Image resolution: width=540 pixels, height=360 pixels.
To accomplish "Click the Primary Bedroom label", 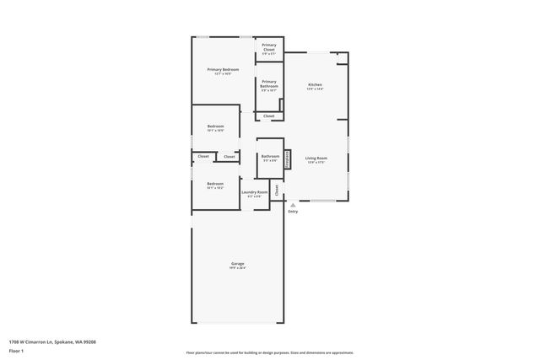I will [224, 69].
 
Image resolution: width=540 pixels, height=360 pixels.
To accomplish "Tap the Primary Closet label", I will [268, 46].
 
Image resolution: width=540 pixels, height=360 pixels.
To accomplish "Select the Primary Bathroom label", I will [268, 84].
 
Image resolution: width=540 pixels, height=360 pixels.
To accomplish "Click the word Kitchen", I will [315, 85].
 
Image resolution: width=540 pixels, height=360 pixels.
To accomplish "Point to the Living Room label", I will [316, 158].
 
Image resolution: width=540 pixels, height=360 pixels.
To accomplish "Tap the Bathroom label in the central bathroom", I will [270, 156].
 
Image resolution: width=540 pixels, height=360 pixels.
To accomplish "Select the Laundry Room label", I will [254, 192].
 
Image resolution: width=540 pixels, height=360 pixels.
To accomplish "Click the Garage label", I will [238, 264].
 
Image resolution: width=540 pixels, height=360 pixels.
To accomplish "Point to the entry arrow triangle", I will [293, 204].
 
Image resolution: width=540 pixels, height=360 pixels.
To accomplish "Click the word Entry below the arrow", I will [293, 212].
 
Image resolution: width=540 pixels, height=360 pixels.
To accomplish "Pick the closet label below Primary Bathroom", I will [268, 116].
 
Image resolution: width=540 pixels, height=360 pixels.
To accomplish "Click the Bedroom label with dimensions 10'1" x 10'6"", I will [215, 126].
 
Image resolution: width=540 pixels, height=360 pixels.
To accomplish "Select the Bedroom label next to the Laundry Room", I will [215, 184].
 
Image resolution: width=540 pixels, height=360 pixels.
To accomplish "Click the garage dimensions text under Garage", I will [238, 269].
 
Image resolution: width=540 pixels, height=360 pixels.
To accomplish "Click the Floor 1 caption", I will [16, 350].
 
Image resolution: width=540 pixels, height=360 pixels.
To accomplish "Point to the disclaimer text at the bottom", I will [269, 352].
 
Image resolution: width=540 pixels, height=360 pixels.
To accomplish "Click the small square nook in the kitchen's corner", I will [342, 58].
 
